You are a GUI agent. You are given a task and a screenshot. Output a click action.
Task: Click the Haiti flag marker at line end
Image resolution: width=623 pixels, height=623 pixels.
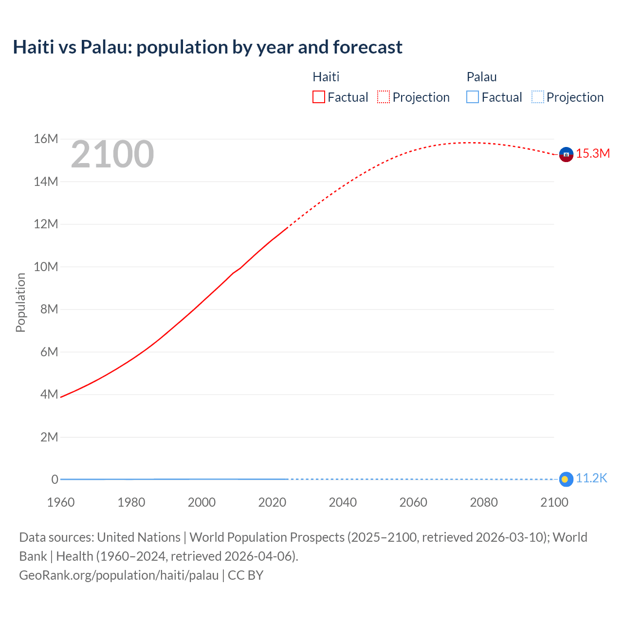[566, 154]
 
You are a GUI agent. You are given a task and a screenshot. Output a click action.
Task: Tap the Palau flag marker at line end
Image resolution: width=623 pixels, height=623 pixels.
[566, 479]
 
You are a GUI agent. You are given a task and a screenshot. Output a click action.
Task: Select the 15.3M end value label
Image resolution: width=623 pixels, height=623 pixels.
[593, 154]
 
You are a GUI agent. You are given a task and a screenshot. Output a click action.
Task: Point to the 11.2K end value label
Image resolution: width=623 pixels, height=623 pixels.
[591, 478]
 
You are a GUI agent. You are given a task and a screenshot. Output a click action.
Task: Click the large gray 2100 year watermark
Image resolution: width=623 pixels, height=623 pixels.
[112, 154]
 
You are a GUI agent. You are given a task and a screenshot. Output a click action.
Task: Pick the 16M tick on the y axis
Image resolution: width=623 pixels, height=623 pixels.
[46, 139]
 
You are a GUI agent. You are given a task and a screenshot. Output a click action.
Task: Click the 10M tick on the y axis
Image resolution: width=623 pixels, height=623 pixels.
[46, 267]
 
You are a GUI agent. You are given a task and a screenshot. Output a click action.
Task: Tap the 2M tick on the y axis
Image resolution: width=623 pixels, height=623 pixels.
[49, 437]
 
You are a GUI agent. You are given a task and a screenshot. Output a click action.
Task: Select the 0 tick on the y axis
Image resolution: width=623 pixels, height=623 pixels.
[55, 479]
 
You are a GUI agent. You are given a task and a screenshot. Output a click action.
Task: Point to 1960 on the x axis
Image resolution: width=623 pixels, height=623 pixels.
[61, 502]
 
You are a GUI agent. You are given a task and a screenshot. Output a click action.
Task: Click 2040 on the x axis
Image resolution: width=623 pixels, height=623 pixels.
[343, 502]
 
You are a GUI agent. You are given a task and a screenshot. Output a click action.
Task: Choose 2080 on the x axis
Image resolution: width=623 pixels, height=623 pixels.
[484, 502]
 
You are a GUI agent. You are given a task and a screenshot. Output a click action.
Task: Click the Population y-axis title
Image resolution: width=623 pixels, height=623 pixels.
[20, 303]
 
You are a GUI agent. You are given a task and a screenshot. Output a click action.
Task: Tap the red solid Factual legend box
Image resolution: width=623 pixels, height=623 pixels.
[319, 97]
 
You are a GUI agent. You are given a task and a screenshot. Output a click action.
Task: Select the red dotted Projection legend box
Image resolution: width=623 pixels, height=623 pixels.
[384, 97]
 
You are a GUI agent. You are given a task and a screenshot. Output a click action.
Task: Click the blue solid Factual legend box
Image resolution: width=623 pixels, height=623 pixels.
[473, 97]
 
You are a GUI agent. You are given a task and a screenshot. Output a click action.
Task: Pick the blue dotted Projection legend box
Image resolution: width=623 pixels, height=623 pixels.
[537, 97]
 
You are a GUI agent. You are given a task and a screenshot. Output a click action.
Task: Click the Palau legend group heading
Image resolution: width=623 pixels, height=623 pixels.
[481, 77]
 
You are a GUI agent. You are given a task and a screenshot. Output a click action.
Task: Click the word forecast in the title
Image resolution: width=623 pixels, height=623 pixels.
[367, 47]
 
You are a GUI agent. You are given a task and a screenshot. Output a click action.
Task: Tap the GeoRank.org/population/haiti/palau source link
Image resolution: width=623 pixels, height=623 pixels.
[119, 575]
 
